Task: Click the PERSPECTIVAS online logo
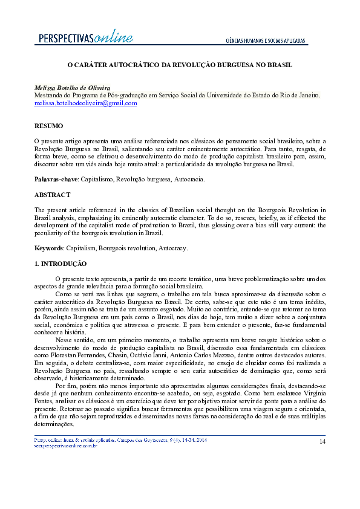[x=85, y=38]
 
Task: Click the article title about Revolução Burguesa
[x=180, y=64]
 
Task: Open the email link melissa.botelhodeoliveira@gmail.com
[x=85, y=103]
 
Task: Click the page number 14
[x=322, y=441]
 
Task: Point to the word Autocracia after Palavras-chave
[x=189, y=180]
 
